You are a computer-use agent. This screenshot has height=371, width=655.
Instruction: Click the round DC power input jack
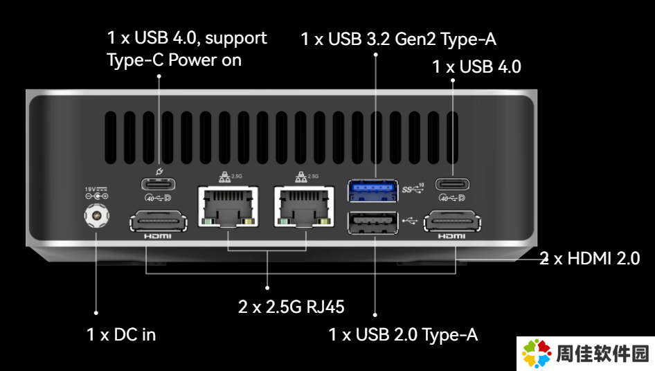tap(96, 216)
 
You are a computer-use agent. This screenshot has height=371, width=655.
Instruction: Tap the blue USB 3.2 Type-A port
tap(373, 190)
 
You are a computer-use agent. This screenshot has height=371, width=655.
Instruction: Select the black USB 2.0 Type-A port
tap(373, 222)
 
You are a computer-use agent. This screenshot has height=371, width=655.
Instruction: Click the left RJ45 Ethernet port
tap(228, 206)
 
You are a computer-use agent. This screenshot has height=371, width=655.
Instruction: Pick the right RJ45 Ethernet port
tap(304, 206)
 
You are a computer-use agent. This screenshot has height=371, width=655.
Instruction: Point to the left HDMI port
tap(159, 221)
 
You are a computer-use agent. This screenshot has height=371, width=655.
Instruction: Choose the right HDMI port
tap(452, 221)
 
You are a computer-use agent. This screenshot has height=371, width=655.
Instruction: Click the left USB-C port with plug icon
tap(159, 184)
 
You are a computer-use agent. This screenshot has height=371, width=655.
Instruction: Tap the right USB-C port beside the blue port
tap(452, 184)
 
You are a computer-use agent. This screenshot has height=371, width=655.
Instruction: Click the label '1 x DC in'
tap(121, 334)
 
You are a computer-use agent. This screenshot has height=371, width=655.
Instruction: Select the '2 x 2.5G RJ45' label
tap(291, 307)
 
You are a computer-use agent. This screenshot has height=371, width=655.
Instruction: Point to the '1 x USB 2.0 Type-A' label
tap(403, 334)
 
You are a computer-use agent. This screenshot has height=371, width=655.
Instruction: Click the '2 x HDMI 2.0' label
tap(590, 258)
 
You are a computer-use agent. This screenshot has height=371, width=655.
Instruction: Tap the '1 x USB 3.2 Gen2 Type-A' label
tap(399, 39)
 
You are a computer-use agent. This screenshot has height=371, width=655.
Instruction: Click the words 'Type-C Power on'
tap(174, 60)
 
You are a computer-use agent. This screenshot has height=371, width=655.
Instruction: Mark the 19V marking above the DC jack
tap(96, 189)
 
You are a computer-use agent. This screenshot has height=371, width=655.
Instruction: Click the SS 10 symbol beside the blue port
tap(413, 188)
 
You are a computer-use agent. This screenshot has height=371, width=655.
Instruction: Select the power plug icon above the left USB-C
tap(159, 171)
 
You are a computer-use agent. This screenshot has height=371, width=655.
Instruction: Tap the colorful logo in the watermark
tap(537, 354)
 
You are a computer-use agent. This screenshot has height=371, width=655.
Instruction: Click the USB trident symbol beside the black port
tap(410, 220)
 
